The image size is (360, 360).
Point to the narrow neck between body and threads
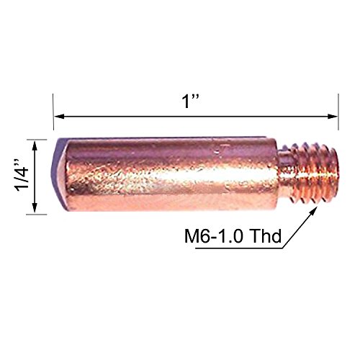point(288,176)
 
